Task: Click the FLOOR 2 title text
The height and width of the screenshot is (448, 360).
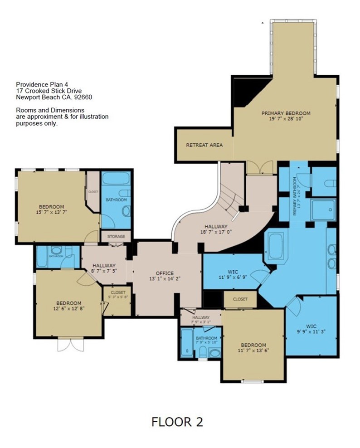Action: [x=177, y=422]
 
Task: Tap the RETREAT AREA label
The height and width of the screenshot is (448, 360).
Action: [x=204, y=145]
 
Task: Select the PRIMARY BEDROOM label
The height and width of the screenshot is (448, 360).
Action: [x=286, y=113]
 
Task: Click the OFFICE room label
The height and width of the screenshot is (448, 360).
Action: [x=165, y=273]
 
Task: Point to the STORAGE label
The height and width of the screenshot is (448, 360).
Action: [x=116, y=236]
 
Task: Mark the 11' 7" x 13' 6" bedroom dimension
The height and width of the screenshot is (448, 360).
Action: [x=253, y=351]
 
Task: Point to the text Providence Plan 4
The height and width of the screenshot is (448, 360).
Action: [x=39, y=84]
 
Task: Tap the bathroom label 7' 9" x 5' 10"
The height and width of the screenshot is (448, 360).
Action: [x=207, y=341]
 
